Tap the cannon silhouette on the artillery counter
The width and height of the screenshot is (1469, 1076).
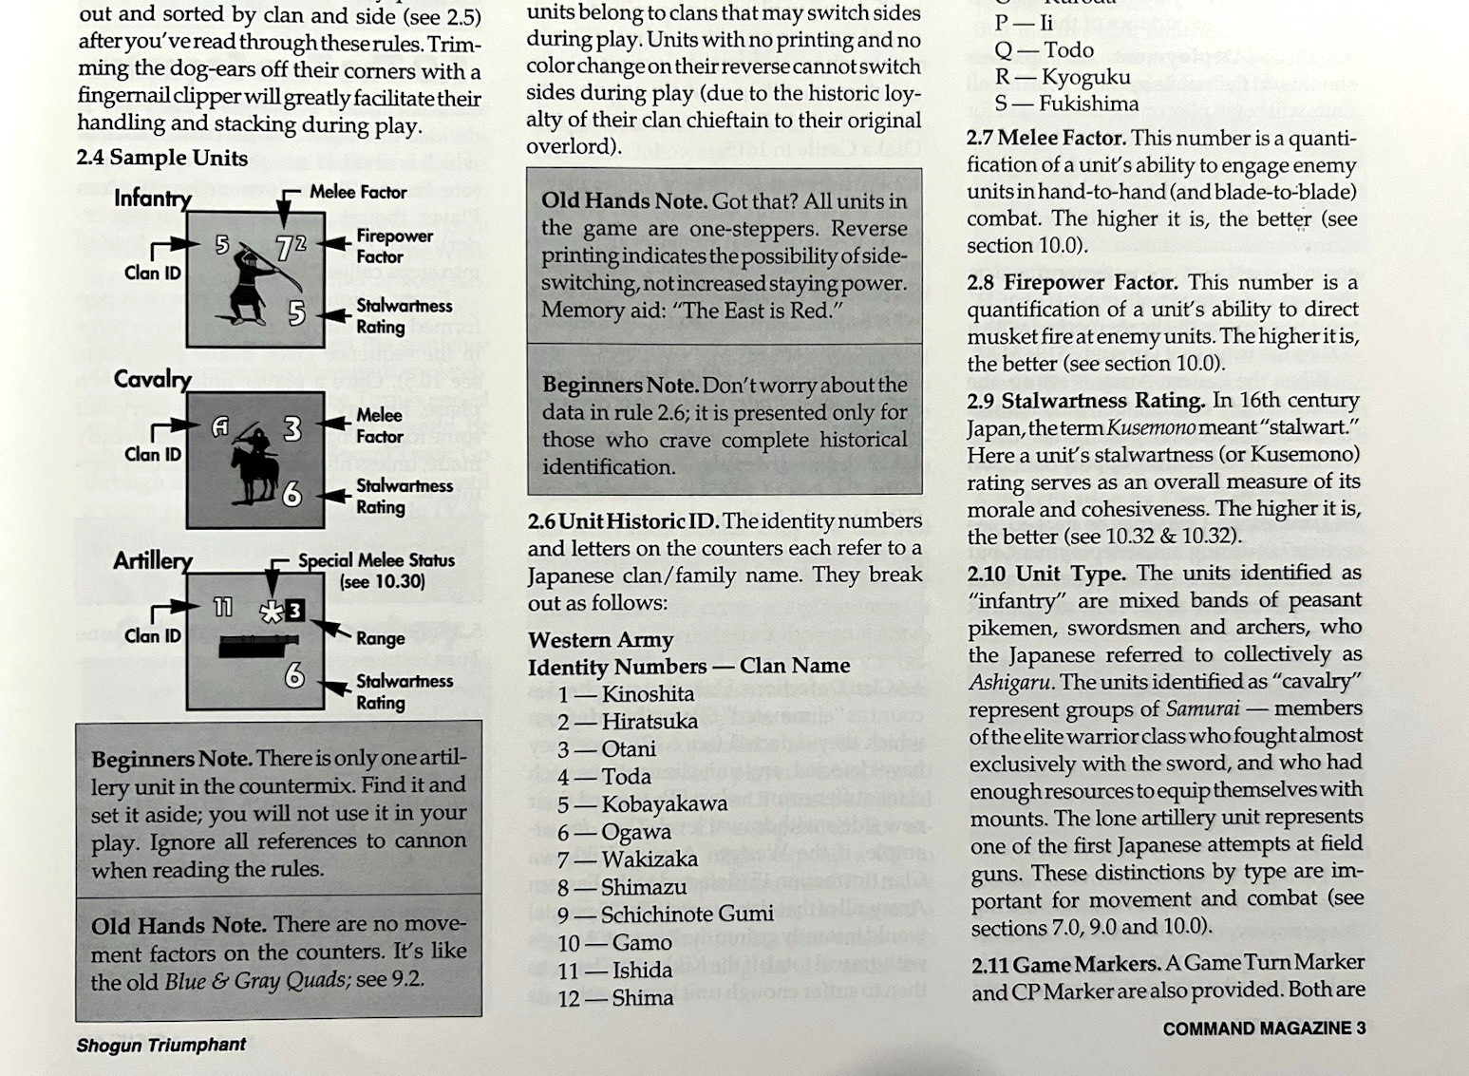pos(259,647)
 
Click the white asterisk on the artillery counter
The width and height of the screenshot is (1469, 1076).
pos(272,613)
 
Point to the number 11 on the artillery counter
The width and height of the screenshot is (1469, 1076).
pos(224,607)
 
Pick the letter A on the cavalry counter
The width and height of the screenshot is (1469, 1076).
pos(220,428)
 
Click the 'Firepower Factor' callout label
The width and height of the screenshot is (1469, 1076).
pos(394,246)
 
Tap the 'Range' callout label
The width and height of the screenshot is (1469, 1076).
pos(380,638)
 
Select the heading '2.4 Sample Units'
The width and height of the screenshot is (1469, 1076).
pos(162,158)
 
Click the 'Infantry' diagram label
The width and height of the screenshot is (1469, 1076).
pos(153,198)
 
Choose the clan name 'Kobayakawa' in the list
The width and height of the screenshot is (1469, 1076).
pos(665,803)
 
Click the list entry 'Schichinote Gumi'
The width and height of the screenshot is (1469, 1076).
pos(687,915)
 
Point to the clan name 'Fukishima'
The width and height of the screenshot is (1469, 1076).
pos(1088,104)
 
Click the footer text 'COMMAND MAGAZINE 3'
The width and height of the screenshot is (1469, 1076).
pos(1264,1029)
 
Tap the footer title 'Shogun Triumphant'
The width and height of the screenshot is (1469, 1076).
pos(161,1046)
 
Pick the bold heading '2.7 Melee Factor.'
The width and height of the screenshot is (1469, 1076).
pos(1046,139)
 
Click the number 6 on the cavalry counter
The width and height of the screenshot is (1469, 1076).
pos(292,494)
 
